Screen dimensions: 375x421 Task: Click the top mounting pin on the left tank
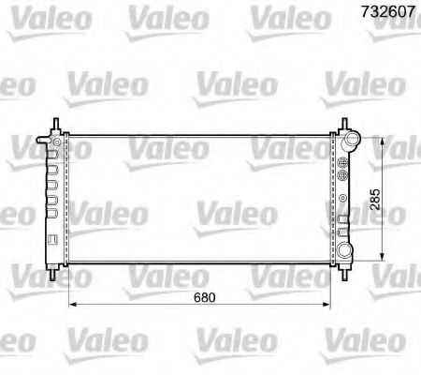(58, 125)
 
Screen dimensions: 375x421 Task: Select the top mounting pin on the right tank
(343, 125)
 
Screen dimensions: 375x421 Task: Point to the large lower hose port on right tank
(350, 250)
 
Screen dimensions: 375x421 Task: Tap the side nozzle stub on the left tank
(39, 142)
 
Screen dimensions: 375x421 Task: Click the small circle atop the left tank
(58, 141)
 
